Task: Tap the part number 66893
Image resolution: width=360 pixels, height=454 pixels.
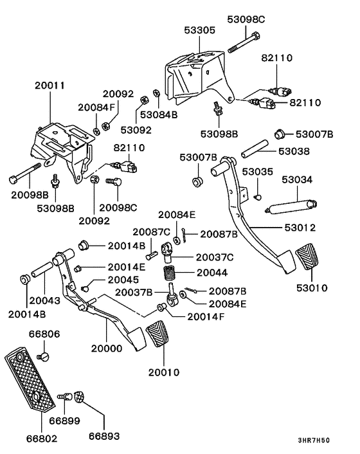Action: (x=104, y=436)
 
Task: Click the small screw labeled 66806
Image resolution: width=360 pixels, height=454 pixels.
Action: (x=44, y=356)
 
